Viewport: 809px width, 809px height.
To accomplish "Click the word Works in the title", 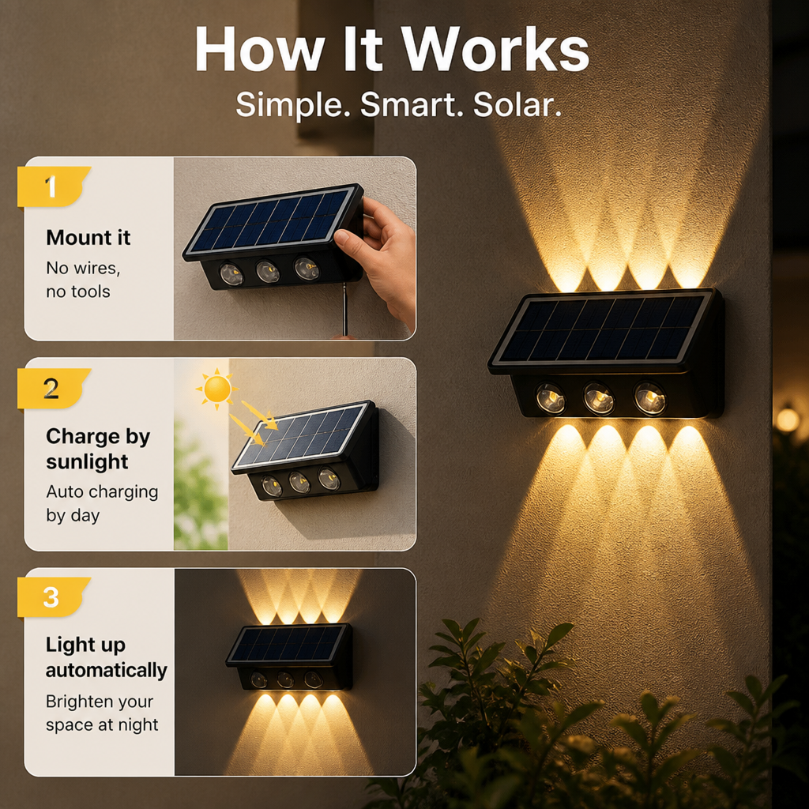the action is coord(495,50).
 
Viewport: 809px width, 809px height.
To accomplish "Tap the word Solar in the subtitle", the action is coord(517,104).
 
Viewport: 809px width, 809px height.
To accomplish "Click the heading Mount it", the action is coord(88,237).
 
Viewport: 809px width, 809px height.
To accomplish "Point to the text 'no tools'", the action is coord(78,292).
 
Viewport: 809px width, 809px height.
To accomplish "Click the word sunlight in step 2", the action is coord(87,461).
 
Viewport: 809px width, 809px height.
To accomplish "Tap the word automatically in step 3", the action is coord(107,670).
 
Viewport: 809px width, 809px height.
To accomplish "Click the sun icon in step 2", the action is coord(217,389).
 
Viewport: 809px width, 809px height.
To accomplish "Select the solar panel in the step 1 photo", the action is coord(273,222).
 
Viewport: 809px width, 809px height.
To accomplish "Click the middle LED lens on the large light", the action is coord(599,398).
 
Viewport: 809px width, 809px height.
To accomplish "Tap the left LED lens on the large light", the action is coord(551,398).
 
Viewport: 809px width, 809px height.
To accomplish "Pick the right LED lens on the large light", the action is coord(649,398).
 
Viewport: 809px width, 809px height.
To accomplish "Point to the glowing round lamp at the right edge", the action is coord(788,420).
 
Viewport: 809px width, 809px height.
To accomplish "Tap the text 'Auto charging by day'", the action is coord(102,503).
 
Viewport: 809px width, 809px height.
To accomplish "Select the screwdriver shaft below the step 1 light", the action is coord(344,310).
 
